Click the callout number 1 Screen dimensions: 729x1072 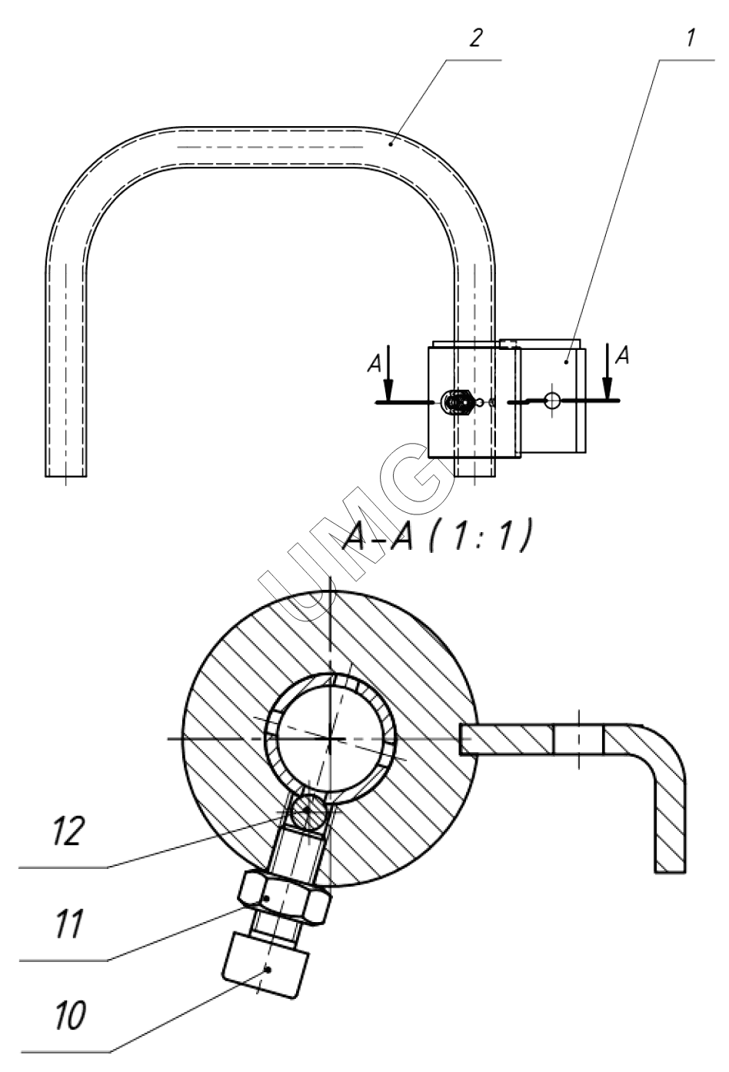[x=690, y=38]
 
